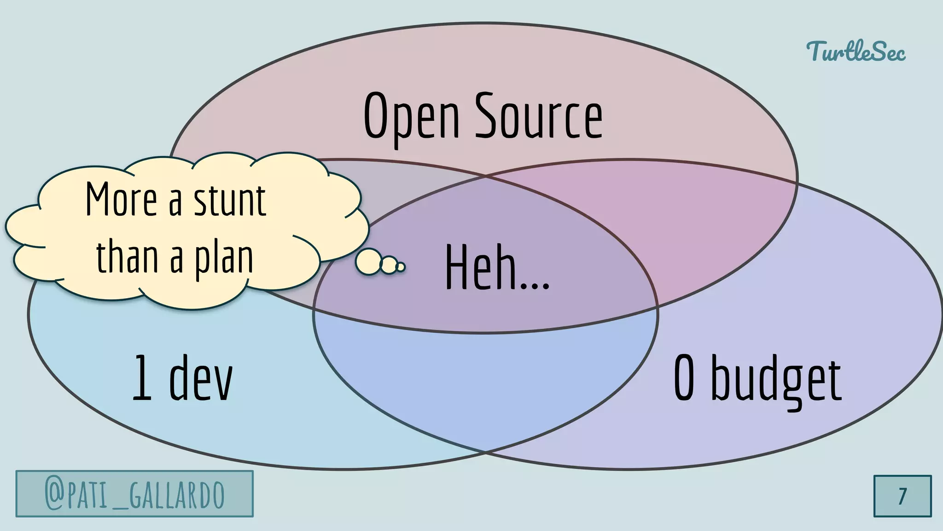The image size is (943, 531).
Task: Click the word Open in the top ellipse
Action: (411, 116)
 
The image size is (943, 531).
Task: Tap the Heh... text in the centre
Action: (497, 268)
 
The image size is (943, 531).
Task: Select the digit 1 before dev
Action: (142, 378)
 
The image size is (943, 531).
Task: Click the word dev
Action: (201, 378)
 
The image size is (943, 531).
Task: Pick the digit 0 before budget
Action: (684, 378)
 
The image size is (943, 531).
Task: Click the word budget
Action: (776, 380)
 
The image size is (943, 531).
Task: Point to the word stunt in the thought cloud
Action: (229, 201)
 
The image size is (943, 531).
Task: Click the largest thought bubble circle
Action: (368, 261)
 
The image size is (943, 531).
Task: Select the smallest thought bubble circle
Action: (401, 267)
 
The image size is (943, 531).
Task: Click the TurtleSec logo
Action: (856, 51)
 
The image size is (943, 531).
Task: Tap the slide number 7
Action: (902, 496)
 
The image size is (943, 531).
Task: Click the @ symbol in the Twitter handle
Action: (54, 494)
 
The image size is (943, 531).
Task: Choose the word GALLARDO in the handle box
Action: (177, 495)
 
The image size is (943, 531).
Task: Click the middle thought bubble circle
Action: (389, 265)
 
